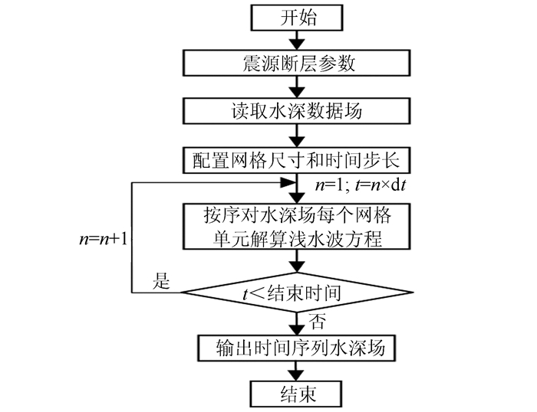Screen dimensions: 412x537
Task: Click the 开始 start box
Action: (x=294, y=18)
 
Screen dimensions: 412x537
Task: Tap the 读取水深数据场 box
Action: (x=294, y=110)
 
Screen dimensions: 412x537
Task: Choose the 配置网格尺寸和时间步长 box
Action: (x=294, y=160)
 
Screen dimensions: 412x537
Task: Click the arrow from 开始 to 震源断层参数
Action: (x=294, y=41)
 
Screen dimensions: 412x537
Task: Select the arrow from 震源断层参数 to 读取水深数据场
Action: (x=294, y=87)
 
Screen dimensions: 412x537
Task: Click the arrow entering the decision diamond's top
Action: (x=294, y=263)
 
